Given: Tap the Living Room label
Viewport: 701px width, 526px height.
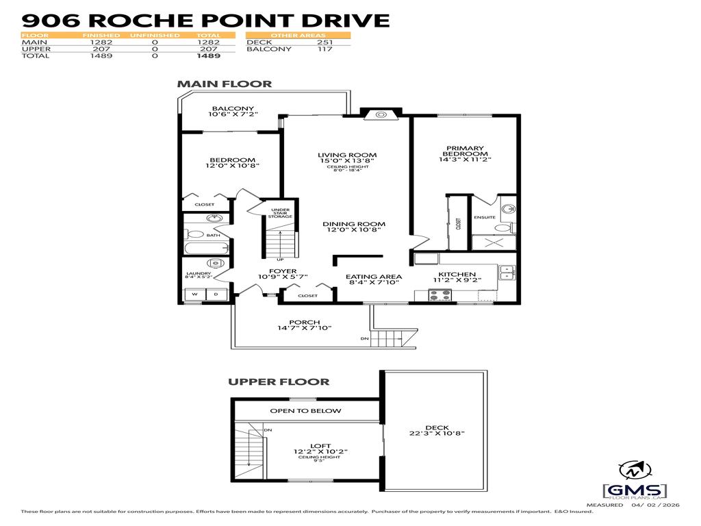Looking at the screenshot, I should click(x=347, y=155).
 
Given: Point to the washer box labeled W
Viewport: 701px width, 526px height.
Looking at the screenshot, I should click(x=194, y=295).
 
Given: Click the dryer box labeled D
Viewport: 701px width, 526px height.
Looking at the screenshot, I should click(x=216, y=295).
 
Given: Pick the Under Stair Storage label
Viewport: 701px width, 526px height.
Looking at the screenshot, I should click(x=281, y=213).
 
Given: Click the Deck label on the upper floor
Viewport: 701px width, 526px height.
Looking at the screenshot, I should click(x=436, y=428).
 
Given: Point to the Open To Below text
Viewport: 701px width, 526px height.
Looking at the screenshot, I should click(x=305, y=411).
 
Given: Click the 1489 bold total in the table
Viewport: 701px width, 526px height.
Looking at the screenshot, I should click(x=209, y=56).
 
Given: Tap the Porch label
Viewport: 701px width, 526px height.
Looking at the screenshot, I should click(x=305, y=321).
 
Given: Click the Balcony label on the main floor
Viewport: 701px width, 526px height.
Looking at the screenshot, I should click(x=233, y=108).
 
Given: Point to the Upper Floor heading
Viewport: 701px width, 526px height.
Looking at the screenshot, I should click(x=279, y=381).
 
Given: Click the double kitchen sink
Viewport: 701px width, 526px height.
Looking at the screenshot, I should click(x=507, y=272).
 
